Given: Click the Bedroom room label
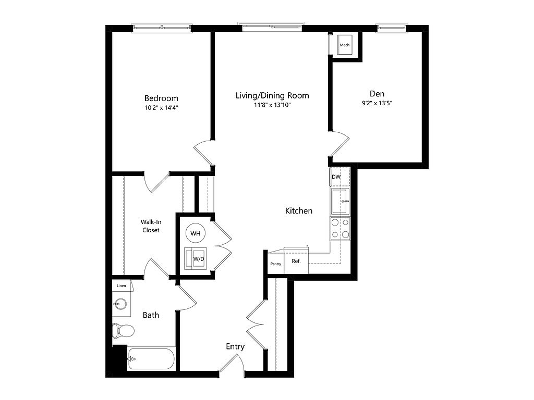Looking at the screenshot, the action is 161,98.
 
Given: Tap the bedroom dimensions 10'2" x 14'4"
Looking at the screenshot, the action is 162,108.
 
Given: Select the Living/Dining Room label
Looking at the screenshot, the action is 272,96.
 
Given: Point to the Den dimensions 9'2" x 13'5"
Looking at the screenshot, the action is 377,103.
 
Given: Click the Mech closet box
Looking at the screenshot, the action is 345,45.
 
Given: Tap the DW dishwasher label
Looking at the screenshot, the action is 336,177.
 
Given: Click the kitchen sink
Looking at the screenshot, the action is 340,202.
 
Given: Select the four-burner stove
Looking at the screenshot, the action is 340,229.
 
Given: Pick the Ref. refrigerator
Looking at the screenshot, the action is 296,261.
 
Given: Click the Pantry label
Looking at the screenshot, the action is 276,264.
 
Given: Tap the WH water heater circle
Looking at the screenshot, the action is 196,233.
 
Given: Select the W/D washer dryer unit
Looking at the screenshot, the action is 195,258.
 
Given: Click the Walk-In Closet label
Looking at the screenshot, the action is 151,226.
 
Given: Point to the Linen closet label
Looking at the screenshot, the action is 121,286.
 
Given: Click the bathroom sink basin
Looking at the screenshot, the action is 120,304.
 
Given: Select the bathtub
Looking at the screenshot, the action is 151,359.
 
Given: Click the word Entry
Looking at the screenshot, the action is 235,346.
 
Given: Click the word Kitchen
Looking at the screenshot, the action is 299,211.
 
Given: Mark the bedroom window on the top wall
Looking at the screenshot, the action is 162,28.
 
